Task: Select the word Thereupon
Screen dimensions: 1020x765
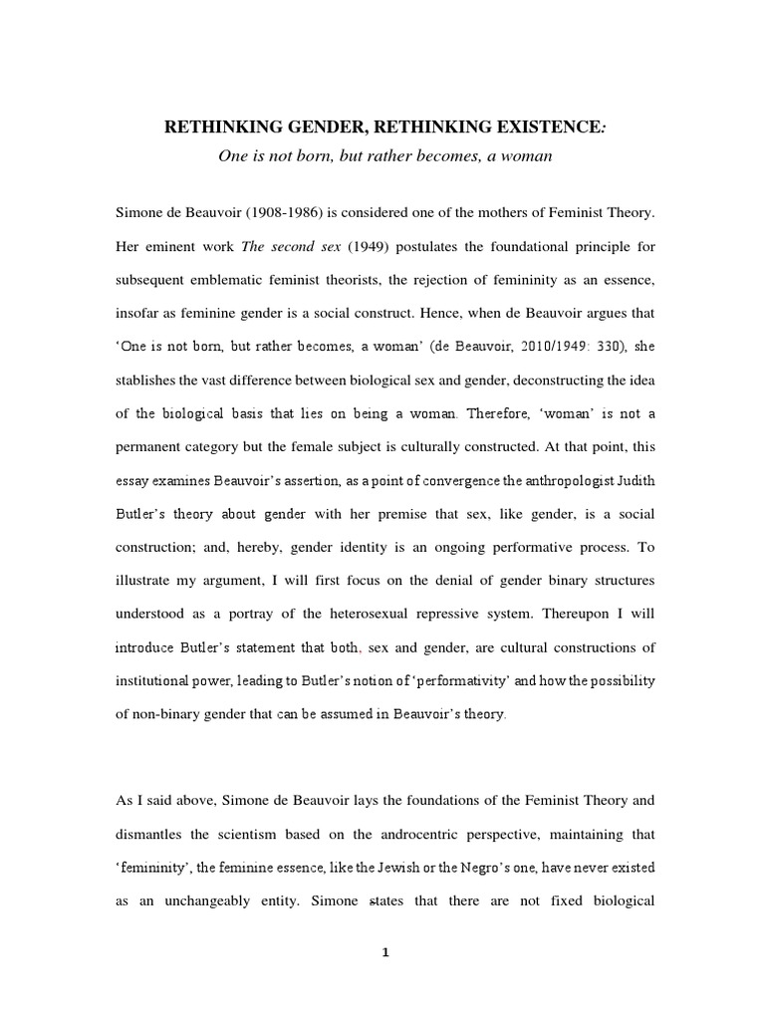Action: (x=588, y=617)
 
